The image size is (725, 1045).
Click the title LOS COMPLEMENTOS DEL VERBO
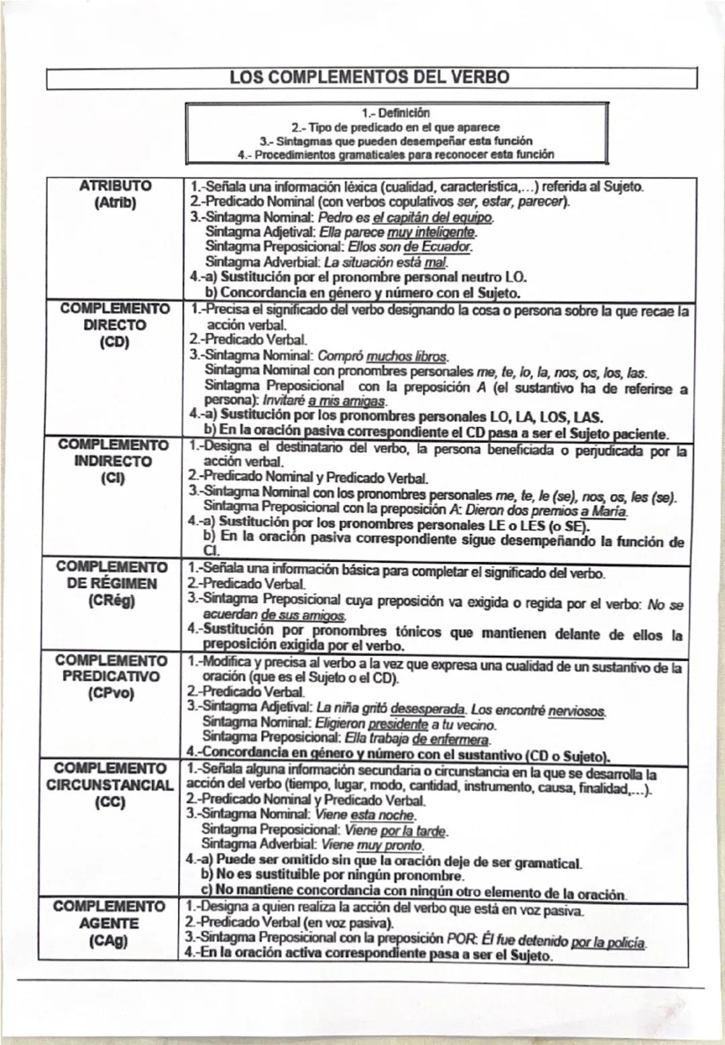pyautogui.click(x=369, y=76)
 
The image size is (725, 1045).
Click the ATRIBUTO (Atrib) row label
pyautogui.click(x=115, y=194)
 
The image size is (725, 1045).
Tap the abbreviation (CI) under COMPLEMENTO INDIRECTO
pyautogui.click(x=112, y=478)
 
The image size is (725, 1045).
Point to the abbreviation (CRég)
pyautogui.click(x=111, y=600)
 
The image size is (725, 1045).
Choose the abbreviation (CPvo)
pyautogui.click(x=111, y=693)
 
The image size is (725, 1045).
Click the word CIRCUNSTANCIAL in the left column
pyautogui.click(x=109, y=785)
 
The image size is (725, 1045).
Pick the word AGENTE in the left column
pyautogui.click(x=109, y=923)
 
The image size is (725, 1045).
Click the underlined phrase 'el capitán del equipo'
pyautogui.click(x=432, y=218)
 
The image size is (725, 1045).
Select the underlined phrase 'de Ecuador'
pyautogui.click(x=436, y=248)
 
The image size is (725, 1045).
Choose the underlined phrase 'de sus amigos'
pyautogui.click(x=303, y=615)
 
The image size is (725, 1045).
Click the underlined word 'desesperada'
pyautogui.click(x=428, y=709)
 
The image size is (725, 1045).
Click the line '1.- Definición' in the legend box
pyautogui.click(x=396, y=113)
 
